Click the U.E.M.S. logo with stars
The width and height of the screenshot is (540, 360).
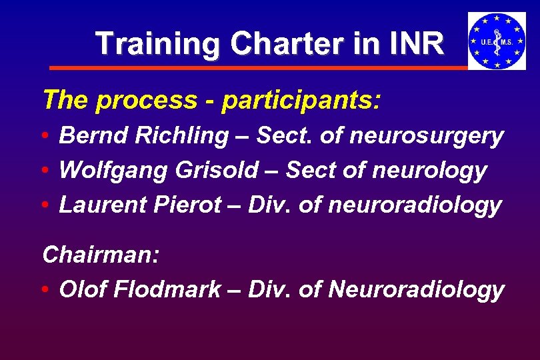tap(497, 41)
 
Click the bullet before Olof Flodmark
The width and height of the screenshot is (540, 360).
tap(44, 290)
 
